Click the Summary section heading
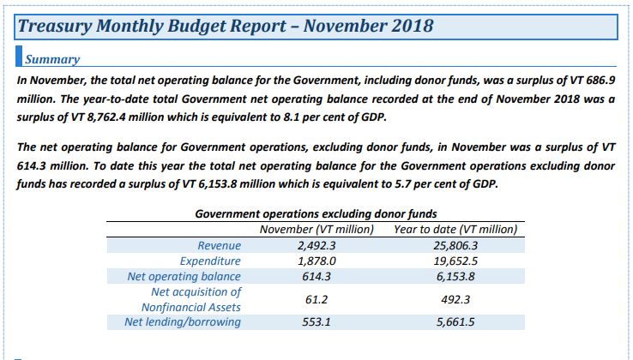52,59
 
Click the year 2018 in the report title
405,26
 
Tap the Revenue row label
220,245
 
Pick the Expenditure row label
210,261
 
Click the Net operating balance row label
183,276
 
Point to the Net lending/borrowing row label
183,321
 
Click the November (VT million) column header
316,230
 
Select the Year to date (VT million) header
455,230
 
